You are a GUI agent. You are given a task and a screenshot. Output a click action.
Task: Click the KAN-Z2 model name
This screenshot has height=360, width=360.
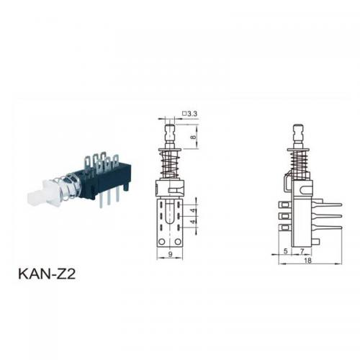tap(47, 274)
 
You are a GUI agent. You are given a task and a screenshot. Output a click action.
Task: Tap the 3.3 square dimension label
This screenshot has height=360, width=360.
tap(190, 114)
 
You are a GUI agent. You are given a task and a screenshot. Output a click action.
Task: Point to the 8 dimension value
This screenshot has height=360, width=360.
tap(194, 138)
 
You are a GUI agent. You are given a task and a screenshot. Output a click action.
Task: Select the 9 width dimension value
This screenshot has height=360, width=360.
tap(170, 254)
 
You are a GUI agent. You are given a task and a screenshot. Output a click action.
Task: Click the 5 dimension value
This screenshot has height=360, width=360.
tap(285, 251)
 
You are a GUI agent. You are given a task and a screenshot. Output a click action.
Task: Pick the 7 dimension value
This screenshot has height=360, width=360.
tap(302, 251)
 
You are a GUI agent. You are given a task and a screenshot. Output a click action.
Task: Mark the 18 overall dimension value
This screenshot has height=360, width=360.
tap(307, 261)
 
